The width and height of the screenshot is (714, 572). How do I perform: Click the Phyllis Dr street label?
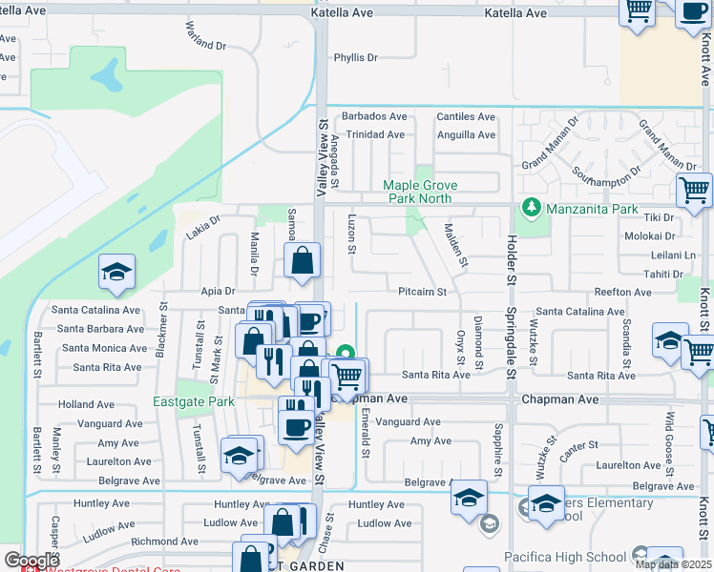(355, 58)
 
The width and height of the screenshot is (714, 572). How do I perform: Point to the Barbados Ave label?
(374, 116)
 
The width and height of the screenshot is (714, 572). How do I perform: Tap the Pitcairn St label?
(423, 292)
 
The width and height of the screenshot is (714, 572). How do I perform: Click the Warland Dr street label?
(205, 37)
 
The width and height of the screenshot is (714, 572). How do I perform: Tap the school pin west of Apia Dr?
(116, 273)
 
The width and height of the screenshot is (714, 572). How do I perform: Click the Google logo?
(31, 561)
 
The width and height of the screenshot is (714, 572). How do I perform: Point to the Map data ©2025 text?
(673, 564)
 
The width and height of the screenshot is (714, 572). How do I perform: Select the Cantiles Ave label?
(465, 116)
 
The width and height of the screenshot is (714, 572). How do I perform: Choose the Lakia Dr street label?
(202, 227)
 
